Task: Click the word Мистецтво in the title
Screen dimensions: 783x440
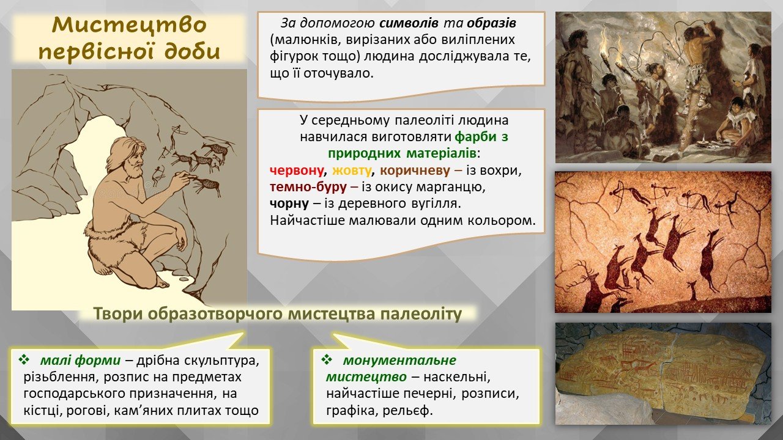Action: (x=129, y=25)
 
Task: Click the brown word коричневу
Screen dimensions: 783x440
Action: (x=415, y=170)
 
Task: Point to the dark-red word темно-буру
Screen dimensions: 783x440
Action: (x=308, y=187)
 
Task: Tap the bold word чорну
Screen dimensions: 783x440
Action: (x=289, y=204)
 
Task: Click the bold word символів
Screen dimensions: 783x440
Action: (x=409, y=23)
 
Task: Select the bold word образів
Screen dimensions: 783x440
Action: (x=491, y=23)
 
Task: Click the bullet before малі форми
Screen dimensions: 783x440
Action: (x=24, y=359)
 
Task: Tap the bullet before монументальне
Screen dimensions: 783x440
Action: (x=327, y=359)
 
